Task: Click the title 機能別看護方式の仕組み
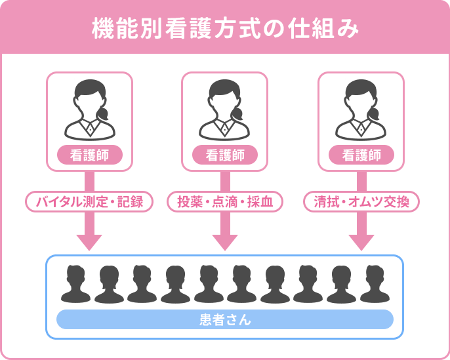coord(225,30)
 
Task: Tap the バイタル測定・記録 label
coord(90,201)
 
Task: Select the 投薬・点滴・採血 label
coord(225,201)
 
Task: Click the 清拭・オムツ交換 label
coord(361,201)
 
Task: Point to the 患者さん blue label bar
coord(225,319)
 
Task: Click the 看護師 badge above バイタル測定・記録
coord(90,155)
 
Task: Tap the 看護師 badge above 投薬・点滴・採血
coord(225,155)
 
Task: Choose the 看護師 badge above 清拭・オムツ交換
coord(361,155)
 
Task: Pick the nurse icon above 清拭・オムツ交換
coord(360,110)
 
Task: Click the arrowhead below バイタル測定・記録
coord(90,241)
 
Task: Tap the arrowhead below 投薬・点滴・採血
coord(225,241)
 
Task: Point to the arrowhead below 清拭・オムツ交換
coord(361,241)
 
